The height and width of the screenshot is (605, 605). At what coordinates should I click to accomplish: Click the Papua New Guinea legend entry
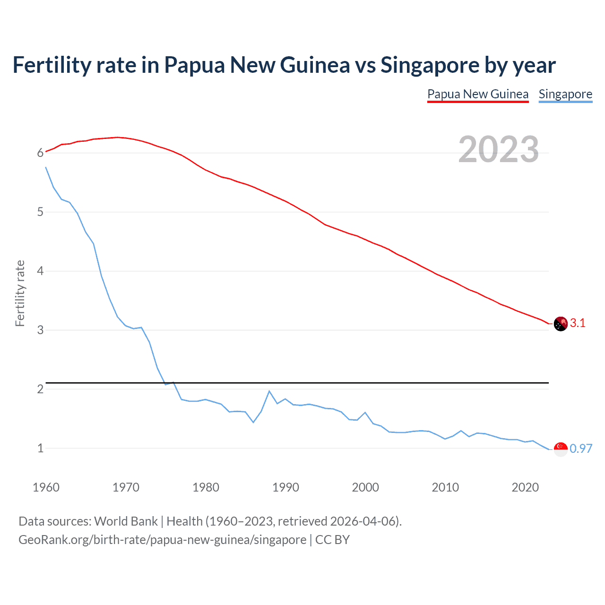478,94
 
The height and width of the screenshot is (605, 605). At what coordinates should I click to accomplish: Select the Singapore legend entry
565,94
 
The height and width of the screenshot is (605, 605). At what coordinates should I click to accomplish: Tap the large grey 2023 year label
499,149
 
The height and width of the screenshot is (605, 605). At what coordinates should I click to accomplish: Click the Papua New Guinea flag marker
561,324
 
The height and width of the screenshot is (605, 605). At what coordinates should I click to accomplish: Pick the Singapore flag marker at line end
561,449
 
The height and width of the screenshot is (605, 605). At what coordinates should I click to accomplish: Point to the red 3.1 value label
578,323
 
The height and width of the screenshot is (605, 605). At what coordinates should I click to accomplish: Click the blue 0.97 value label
581,449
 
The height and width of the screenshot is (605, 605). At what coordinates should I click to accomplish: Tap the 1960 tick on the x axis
46,487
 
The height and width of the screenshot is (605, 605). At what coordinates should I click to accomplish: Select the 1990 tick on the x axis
285,487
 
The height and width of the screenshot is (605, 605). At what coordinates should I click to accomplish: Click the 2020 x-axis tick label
525,487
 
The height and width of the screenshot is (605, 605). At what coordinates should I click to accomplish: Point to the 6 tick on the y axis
41,153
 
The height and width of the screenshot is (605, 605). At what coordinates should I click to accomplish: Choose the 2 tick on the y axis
41,389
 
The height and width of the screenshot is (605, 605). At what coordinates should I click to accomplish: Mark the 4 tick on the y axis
41,271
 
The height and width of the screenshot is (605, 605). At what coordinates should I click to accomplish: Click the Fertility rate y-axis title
20,293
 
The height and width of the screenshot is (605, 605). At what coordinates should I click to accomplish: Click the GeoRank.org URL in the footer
162,540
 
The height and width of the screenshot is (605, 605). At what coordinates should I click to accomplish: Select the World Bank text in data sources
126,521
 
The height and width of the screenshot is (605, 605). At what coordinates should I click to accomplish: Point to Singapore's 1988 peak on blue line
269,391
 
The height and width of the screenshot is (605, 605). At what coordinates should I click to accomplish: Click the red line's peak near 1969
118,137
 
